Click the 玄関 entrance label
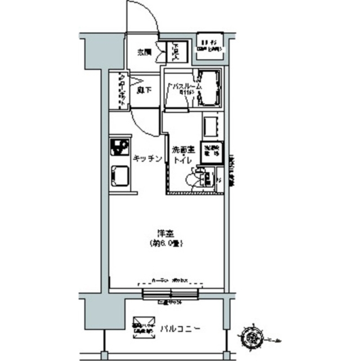tap(144, 52)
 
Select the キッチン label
tap(148, 159)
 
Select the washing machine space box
tap(212, 153)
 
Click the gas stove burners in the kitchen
tap(120, 148)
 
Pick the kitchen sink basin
tap(120, 177)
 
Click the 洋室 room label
tap(165, 232)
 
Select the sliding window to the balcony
tap(170, 293)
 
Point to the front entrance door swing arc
tap(144, 17)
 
